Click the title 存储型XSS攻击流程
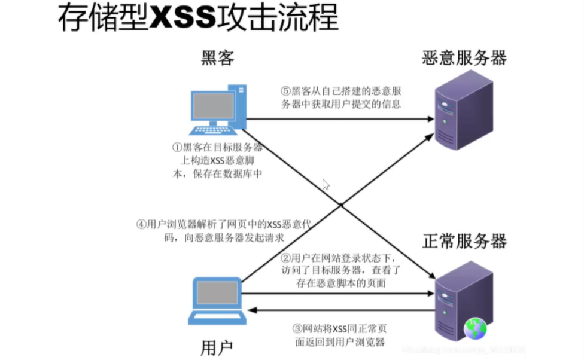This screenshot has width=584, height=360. pyautogui.click(x=197, y=19)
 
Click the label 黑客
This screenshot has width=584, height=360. pyautogui.click(x=217, y=58)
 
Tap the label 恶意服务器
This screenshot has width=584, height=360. pyautogui.click(x=464, y=58)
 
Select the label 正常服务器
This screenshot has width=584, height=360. pyautogui.click(x=464, y=241)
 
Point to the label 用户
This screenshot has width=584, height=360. pyautogui.click(x=217, y=347)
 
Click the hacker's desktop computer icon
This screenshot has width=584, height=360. pyautogui.click(x=217, y=111)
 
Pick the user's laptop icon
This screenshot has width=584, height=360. pyautogui.click(x=215, y=302)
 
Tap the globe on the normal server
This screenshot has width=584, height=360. pyautogui.click(x=475, y=328)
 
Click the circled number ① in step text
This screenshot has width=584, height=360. pyautogui.click(x=177, y=147)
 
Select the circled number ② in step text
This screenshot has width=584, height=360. pyautogui.click(x=285, y=258)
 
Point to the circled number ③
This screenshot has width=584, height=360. pyautogui.click(x=297, y=328)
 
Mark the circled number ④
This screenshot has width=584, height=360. pyautogui.click(x=141, y=225)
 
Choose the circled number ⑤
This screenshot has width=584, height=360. pyautogui.click(x=285, y=91)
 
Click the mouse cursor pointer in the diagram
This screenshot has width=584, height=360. pyautogui.click(x=326, y=184)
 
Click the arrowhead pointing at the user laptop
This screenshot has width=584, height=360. pyautogui.click(x=253, y=310)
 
